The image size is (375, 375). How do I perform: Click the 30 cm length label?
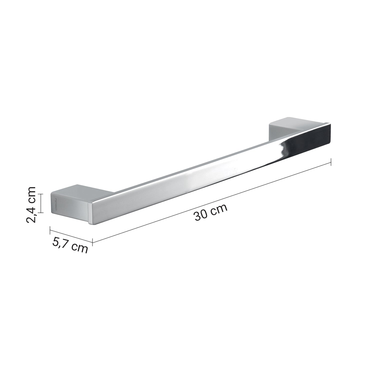pyautogui.click(x=211, y=212)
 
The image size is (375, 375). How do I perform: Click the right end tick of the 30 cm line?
pyautogui.click(x=331, y=162)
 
